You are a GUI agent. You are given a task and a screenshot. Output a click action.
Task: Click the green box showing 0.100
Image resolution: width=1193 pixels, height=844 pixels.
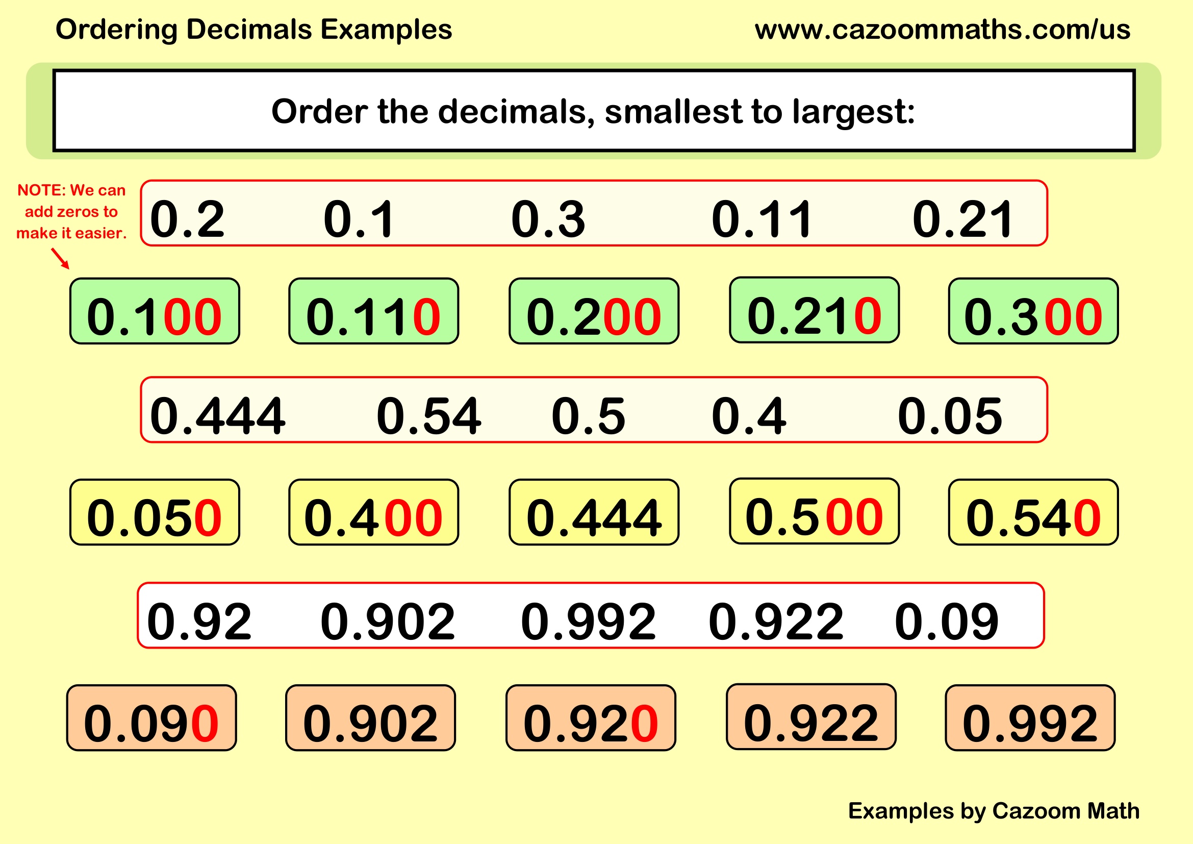click(x=155, y=311)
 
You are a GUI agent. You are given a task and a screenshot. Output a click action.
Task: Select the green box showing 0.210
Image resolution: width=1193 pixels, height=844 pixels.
click(x=814, y=310)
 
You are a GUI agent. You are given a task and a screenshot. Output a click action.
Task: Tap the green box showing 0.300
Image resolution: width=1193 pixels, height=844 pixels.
click(x=1033, y=311)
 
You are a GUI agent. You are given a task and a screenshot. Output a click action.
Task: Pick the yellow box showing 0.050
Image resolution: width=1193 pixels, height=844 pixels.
click(x=155, y=512)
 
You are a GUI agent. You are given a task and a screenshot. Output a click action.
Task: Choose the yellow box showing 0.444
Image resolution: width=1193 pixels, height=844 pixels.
click(x=593, y=512)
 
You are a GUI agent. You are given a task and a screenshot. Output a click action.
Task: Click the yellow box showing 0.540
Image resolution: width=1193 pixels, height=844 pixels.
click(x=1033, y=512)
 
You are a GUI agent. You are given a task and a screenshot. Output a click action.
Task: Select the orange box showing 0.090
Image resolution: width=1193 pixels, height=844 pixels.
click(x=151, y=718)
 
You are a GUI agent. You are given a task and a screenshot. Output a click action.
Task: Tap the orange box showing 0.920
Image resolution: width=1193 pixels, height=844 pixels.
click(x=590, y=718)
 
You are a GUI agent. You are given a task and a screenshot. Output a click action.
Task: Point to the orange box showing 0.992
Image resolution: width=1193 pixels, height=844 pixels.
click(x=1030, y=718)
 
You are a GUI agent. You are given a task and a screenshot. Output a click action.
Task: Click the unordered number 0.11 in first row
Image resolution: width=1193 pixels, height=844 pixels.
click(x=761, y=219)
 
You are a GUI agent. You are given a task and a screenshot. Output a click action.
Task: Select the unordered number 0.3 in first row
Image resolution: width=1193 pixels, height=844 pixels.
click(x=548, y=219)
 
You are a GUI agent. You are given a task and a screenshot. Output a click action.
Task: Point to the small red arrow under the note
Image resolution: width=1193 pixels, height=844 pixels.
click(x=60, y=258)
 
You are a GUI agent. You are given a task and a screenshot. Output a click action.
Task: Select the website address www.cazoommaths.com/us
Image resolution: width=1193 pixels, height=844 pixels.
click(x=942, y=30)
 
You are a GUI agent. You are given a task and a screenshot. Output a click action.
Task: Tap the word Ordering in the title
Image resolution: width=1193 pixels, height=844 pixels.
click(x=116, y=30)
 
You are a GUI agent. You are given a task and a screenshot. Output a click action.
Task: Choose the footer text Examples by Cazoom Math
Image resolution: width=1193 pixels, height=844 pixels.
click(x=994, y=811)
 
